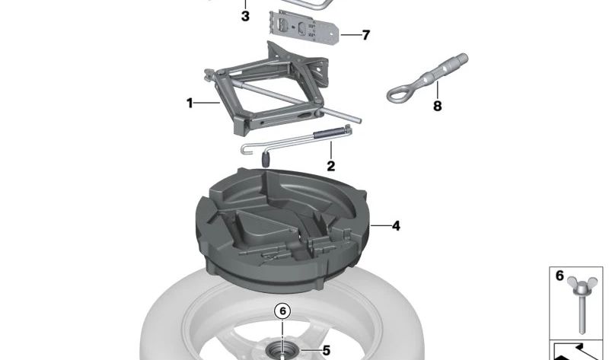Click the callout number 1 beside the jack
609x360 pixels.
(190, 104)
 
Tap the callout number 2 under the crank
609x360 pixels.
(330, 166)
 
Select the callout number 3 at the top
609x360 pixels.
(245, 16)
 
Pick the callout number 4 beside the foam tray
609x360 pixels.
(396, 225)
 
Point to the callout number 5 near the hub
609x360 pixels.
(327, 351)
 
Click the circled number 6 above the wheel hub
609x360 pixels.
(282, 311)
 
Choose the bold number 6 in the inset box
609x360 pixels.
(560, 276)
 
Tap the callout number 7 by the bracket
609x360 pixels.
(365, 35)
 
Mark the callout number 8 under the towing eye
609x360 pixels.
(437, 106)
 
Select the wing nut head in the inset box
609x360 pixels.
(581, 285)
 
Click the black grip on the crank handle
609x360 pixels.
(266, 159)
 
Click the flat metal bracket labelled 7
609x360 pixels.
(303, 28)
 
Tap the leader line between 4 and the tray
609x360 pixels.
(380, 225)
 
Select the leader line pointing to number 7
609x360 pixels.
(350, 35)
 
